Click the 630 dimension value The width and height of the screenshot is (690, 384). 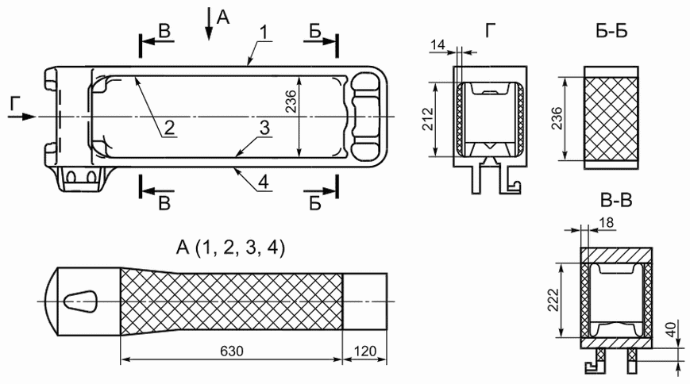232,351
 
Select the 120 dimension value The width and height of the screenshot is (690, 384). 364,351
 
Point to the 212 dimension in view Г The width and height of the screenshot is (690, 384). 427,119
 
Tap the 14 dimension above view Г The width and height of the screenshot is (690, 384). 438,45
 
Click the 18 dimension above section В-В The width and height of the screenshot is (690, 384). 607,223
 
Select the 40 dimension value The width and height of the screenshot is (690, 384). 671,329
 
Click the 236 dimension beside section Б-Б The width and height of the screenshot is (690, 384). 557,118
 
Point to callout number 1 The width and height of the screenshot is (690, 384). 264,32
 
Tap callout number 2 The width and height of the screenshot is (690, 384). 169,128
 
